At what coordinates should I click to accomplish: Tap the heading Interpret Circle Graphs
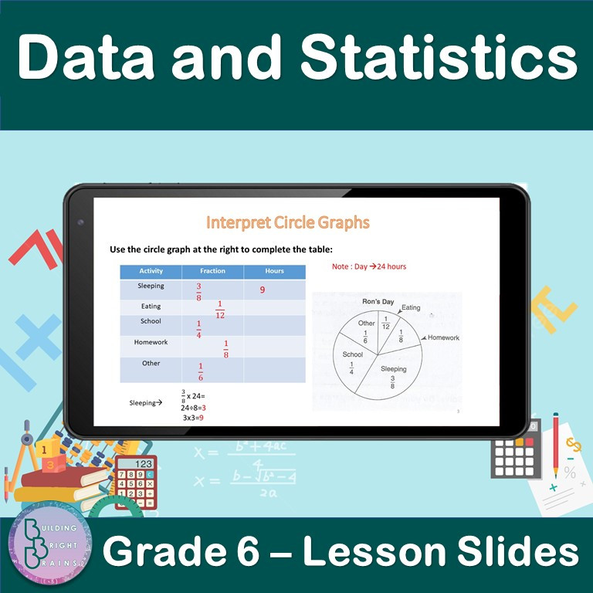[287, 223]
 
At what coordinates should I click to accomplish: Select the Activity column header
[151, 271]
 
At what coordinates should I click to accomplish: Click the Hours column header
[274, 271]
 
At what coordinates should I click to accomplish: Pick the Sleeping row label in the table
[151, 286]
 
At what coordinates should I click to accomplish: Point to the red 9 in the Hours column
[263, 290]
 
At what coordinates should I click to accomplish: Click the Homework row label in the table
[151, 342]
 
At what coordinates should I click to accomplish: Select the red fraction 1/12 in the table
[220, 310]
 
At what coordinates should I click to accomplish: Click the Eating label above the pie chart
[411, 307]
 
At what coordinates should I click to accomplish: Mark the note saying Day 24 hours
[368, 266]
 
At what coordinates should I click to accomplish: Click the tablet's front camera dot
[80, 222]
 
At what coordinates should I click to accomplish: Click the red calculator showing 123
[134, 483]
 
